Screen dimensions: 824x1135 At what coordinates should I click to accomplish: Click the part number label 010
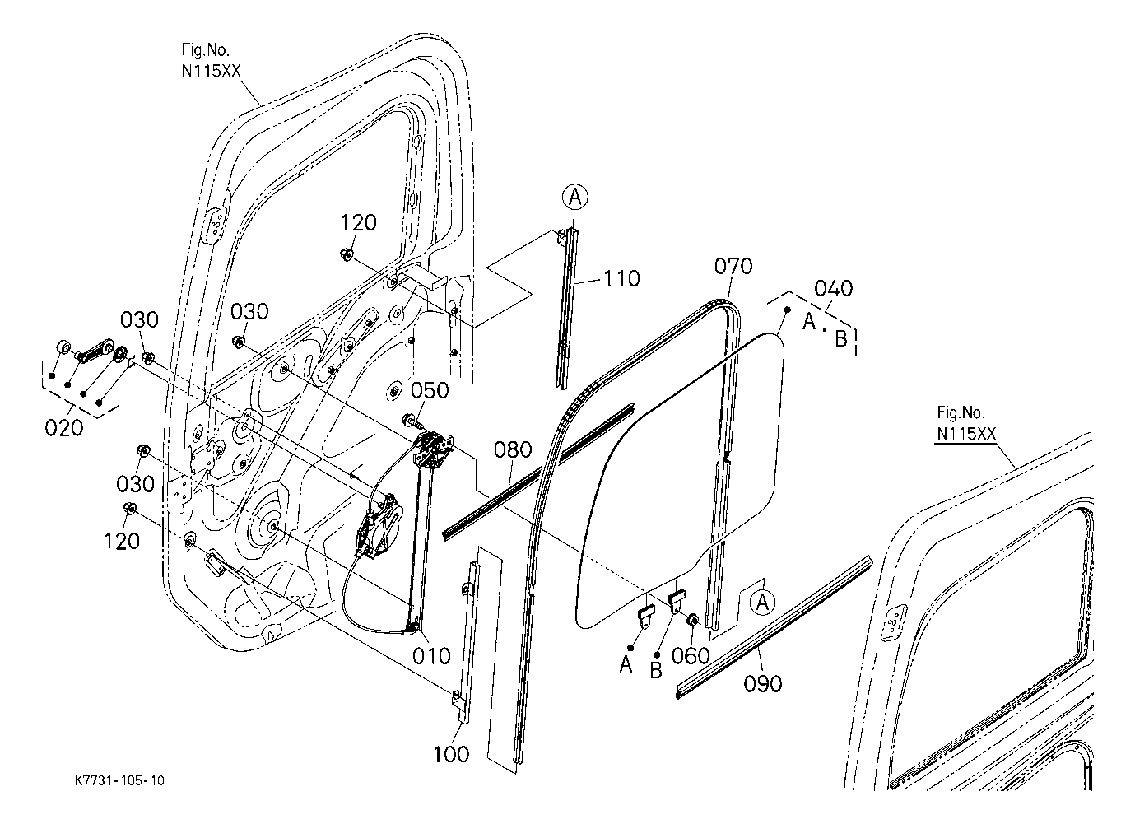tap(432, 655)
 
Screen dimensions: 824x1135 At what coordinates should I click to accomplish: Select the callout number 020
tap(65, 427)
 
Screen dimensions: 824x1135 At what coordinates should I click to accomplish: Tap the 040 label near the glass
tap(833, 288)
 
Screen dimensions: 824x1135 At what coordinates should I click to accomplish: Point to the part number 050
tap(431, 390)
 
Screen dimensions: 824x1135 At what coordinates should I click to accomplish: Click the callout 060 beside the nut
tap(691, 655)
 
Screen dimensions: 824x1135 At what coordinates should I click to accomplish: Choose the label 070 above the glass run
tap(733, 266)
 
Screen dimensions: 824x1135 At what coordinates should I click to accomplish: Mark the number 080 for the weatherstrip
tap(514, 450)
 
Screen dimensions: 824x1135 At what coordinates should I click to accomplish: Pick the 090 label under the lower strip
tap(762, 683)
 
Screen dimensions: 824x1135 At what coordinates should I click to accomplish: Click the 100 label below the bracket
tap(450, 754)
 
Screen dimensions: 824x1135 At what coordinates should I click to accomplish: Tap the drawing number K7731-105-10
tap(119, 780)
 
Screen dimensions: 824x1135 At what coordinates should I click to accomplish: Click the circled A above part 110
tap(575, 196)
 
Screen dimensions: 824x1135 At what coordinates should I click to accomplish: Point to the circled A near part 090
tap(762, 602)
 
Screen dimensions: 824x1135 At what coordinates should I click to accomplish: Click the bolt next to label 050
tap(412, 421)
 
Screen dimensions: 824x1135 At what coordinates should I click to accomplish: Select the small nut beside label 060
tap(692, 619)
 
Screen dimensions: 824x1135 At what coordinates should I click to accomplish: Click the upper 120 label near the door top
tap(359, 222)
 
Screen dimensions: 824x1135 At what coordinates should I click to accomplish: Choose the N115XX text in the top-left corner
tap(211, 71)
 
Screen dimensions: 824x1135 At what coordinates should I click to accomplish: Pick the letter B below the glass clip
tap(656, 670)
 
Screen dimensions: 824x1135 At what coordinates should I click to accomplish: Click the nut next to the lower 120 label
tap(129, 508)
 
